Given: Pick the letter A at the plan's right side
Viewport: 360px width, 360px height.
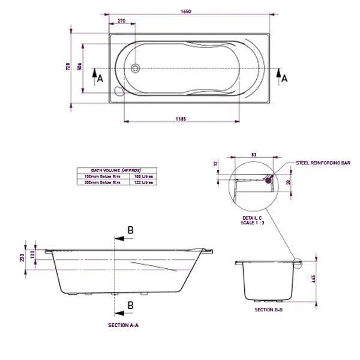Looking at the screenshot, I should pos(284,78).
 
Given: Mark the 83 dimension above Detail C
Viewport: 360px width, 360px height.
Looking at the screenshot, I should pos(253,155).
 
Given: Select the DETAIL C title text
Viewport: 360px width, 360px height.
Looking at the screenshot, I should pos(253,218).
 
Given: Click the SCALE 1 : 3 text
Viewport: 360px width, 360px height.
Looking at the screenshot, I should pos(253,223).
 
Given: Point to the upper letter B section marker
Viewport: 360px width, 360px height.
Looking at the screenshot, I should pos(130,230).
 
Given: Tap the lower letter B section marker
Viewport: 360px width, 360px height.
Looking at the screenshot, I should pos(130,306).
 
